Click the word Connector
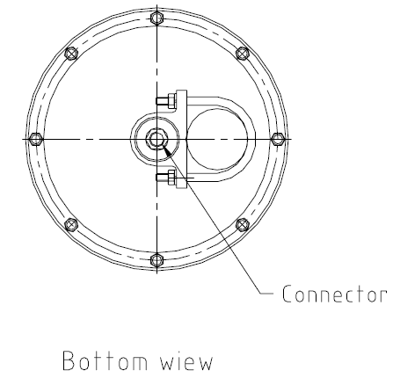333,294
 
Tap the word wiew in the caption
186,360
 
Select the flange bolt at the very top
157,18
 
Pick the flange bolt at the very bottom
157,260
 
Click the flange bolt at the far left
36,139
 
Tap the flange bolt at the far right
278,139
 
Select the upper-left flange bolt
71,54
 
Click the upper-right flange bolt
243,54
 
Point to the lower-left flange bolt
71,225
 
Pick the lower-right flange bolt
243,225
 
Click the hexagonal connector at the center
157,139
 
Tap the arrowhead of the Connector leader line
165,149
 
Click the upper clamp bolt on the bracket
166,101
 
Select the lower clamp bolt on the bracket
166,178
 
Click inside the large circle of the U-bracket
217,139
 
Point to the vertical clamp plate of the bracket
181,139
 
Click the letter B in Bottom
69,360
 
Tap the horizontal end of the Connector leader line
266,293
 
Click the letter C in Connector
287,294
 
